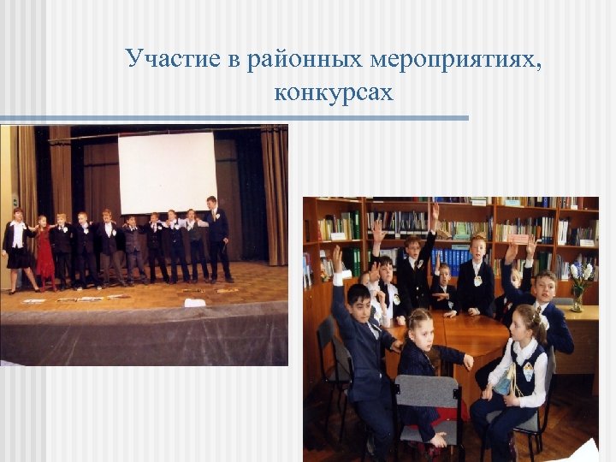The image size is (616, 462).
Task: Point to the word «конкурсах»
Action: tap(334, 92)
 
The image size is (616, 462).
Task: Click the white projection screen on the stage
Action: tap(167, 172)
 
